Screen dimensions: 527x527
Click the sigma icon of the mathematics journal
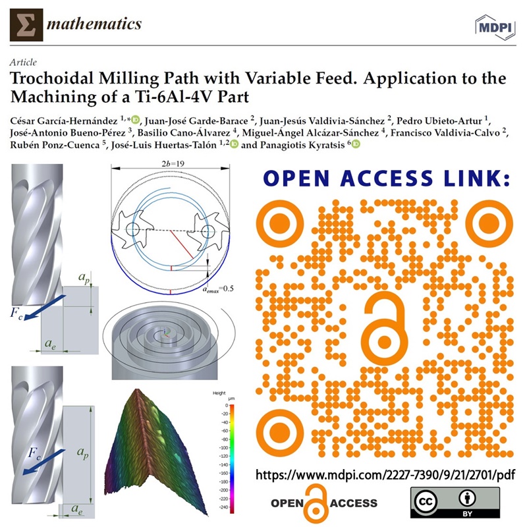26,24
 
